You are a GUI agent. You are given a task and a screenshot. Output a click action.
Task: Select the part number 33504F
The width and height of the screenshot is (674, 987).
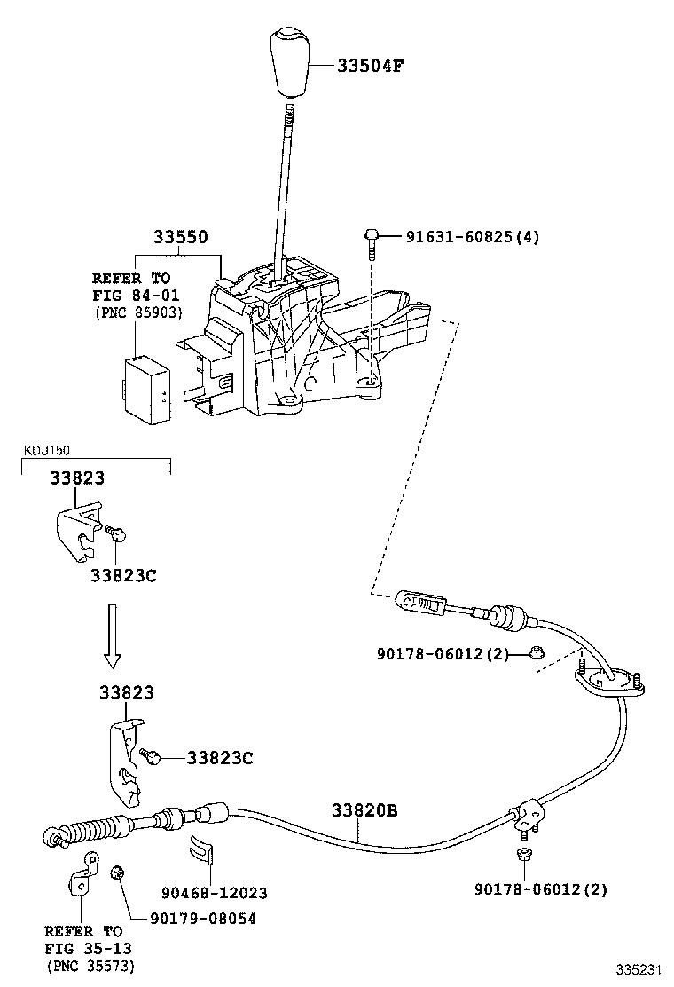[x=373, y=66]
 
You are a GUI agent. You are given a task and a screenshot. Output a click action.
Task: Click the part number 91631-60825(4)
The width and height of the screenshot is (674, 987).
[x=472, y=237]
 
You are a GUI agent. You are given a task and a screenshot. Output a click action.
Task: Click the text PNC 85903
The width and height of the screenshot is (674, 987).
[x=137, y=312]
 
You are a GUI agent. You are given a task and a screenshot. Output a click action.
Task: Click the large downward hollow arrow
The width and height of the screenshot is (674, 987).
[x=112, y=635]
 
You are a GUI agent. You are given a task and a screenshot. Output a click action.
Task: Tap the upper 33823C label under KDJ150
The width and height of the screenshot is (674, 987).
[x=122, y=574]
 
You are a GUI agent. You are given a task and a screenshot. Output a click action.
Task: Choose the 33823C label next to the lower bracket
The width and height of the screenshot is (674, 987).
[x=219, y=758]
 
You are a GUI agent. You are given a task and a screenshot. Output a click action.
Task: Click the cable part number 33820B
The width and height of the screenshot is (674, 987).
[x=364, y=810]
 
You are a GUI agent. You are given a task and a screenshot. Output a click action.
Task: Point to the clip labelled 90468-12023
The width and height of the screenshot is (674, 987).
[x=203, y=850]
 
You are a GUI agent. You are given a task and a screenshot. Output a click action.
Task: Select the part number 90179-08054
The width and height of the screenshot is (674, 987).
[x=195, y=919]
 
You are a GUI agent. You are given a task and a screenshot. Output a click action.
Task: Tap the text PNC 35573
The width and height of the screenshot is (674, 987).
[x=90, y=965]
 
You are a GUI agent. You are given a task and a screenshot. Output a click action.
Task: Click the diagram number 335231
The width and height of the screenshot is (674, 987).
[x=639, y=968]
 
